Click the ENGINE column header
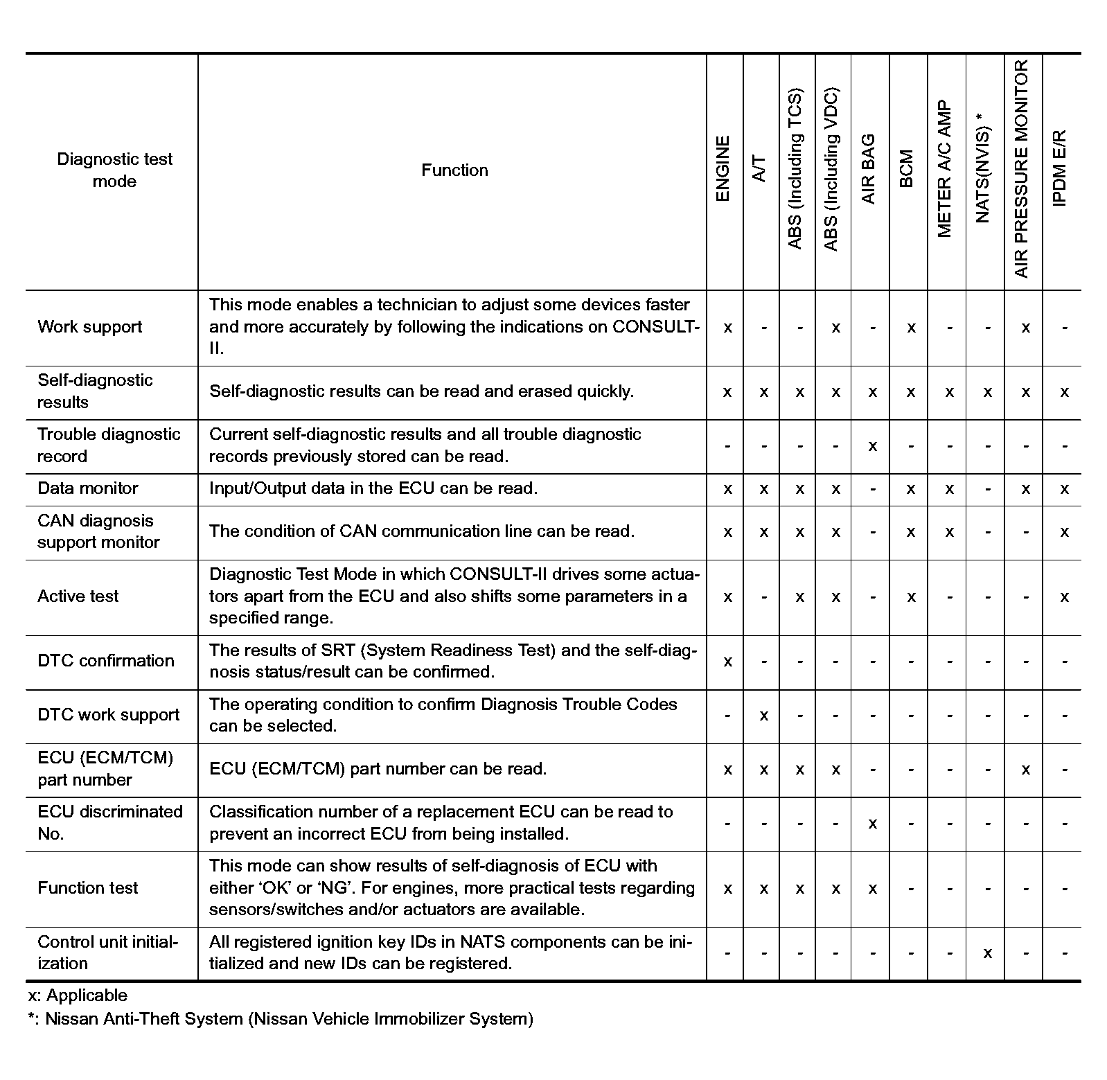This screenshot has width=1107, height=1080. tap(723, 169)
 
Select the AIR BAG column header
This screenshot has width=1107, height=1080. tap(869, 169)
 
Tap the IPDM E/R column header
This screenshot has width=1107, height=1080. tap(1060, 168)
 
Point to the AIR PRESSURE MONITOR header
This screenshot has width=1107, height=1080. tap(1022, 169)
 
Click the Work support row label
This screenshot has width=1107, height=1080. tap(90, 327)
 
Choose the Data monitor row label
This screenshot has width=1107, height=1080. tap(88, 488)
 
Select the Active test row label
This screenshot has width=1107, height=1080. tap(78, 596)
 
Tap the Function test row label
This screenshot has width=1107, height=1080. tap(88, 888)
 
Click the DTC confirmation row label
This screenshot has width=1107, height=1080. tap(106, 661)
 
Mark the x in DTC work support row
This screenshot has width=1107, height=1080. tap(763, 716)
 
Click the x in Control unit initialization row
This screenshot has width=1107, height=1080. tap(987, 954)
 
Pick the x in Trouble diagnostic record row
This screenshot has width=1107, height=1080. tap(872, 446)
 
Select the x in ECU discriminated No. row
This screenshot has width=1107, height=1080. tap(872, 824)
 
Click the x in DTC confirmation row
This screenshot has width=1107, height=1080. tap(727, 662)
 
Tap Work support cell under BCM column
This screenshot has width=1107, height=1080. tap(911, 328)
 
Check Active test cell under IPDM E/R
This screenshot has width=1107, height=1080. tap(1064, 597)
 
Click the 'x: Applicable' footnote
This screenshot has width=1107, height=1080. tap(78, 995)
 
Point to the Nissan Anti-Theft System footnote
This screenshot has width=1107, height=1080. tap(281, 1019)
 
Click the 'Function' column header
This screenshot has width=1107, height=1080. tap(454, 170)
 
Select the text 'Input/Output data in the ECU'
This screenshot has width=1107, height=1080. tap(323, 488)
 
